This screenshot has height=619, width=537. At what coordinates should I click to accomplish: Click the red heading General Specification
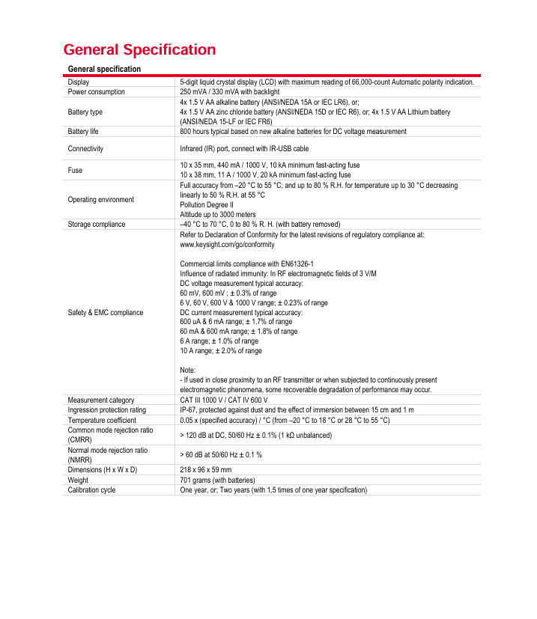tap(139, 50)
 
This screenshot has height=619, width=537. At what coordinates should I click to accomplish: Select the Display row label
tap(79, 82)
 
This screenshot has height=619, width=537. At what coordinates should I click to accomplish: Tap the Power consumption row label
tap(97, 91)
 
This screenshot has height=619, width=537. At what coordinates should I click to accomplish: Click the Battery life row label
tap(83, 131)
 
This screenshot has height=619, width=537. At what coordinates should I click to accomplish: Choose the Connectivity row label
tap(85, 148)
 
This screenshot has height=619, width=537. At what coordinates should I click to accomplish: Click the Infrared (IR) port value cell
tap(244, 148)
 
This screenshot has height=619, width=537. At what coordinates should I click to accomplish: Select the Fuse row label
tap(75, 170)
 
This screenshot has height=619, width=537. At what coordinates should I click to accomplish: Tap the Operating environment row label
tap(101, 199)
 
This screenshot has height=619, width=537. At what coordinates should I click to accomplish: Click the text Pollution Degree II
tap(207, 204)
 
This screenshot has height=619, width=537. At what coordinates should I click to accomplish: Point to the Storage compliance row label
tap(97, 224)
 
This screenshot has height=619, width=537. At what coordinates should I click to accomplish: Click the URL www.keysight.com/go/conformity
tap(227, 244)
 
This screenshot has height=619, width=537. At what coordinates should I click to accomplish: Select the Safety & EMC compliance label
tap(106, 311)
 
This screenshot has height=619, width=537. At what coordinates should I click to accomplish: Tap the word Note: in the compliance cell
tap(188, 370)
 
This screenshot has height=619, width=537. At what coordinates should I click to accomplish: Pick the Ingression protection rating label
tap(107, 409)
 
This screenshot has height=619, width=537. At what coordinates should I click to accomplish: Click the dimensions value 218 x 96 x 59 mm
tap(205, 469)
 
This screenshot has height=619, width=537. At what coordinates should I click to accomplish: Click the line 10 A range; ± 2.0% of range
tap(221, 350)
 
